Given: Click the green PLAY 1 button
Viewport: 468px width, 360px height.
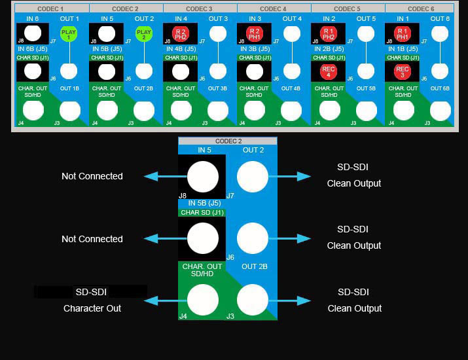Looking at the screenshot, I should (69, 33).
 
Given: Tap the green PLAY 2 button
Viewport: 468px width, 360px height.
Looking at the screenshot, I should (143, 33).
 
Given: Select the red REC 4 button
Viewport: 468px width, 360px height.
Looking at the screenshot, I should (329, 71).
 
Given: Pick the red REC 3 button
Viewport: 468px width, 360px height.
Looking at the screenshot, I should (403, 71).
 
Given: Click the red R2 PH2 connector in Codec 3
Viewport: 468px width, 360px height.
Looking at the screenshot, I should (181, 33).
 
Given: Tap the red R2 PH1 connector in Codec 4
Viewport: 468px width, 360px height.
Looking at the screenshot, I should (255, 33).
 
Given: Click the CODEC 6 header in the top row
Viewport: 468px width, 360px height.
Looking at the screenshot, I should (419, 9).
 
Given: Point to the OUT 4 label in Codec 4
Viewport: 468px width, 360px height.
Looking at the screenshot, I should (292, 19).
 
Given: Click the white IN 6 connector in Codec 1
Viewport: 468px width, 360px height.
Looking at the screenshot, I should (33, 33).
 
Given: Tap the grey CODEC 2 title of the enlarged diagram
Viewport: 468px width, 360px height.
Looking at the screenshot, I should (228, 141).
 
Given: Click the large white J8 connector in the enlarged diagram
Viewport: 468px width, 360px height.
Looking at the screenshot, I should (203, 177).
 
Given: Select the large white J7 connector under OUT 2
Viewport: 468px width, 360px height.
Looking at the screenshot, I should (253, 177).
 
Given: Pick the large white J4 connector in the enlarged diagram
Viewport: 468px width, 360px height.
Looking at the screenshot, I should (203, 300).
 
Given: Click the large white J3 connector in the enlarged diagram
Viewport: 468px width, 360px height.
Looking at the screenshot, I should (253, 300).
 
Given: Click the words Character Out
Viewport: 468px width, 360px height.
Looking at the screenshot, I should (92, 308).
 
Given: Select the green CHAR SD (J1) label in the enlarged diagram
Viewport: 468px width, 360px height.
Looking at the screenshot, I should (202, 212).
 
